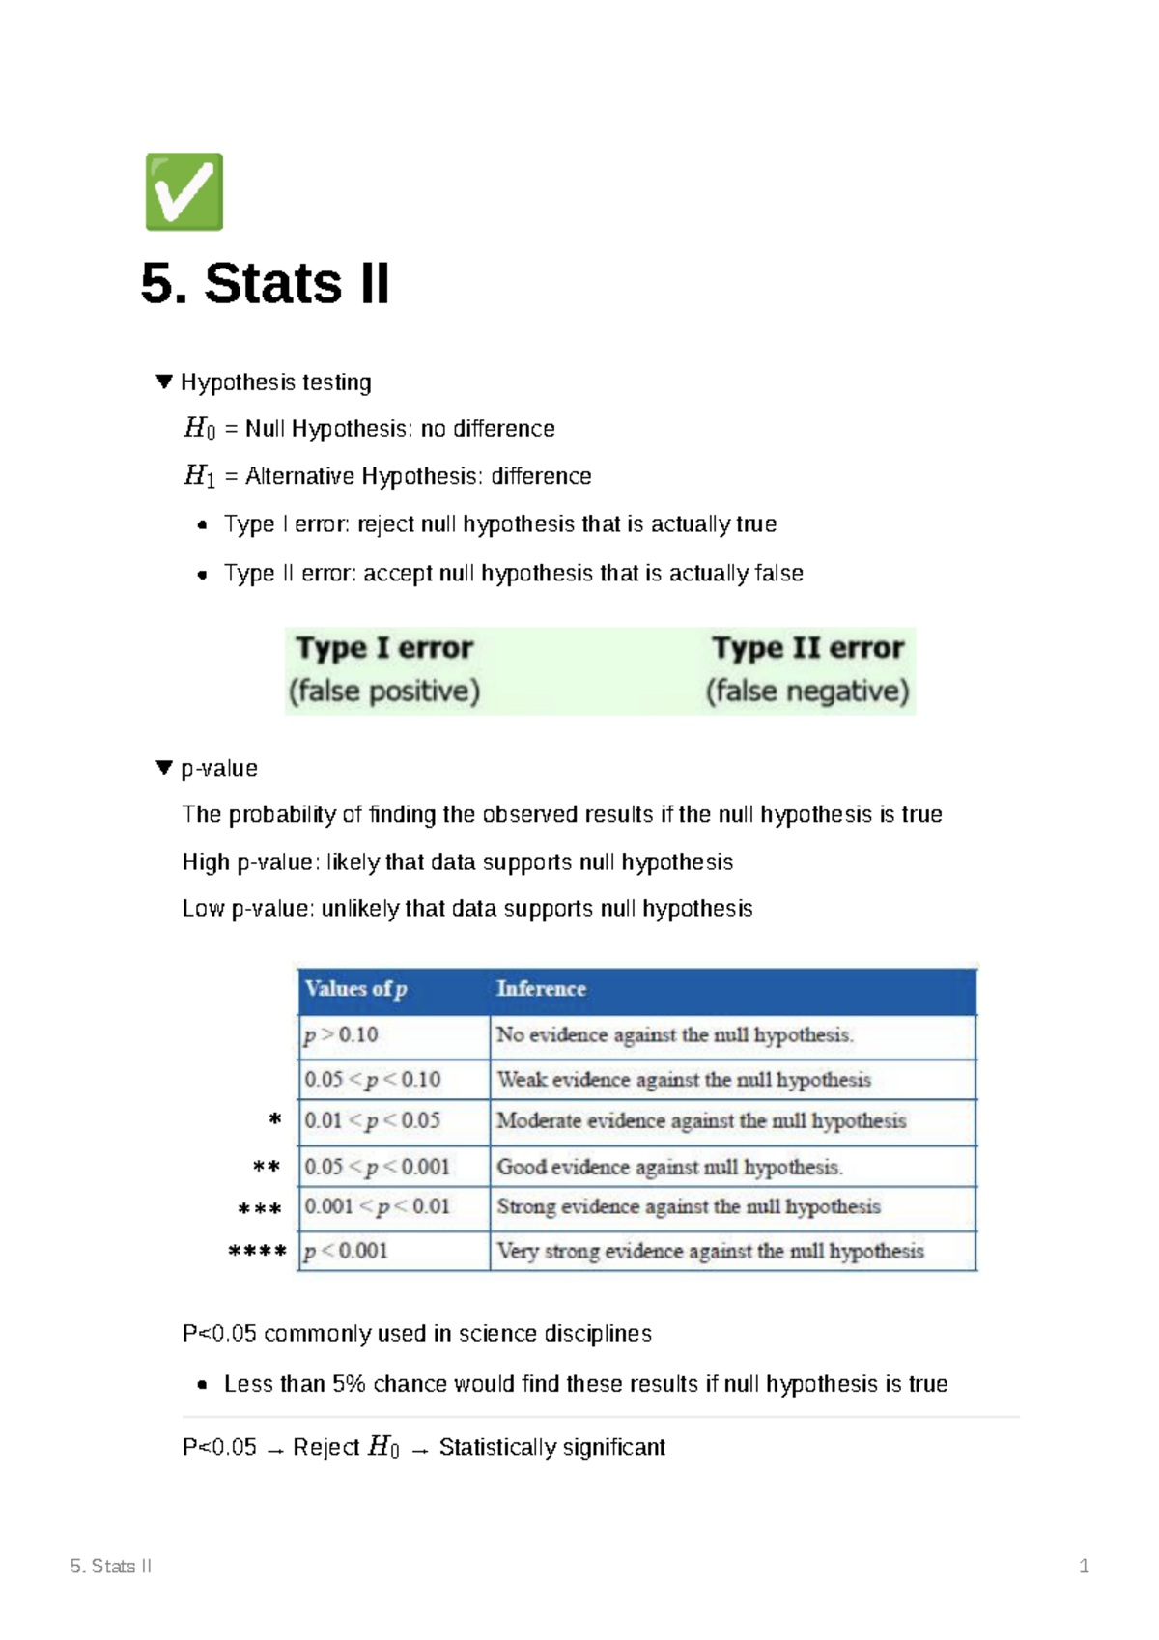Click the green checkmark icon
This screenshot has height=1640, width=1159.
(x=184, y=192)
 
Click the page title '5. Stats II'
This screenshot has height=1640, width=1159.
(x=265, y=284)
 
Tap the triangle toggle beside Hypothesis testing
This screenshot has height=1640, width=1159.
(x=164, y=382)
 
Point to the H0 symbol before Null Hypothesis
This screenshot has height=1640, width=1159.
(x=199, y=428)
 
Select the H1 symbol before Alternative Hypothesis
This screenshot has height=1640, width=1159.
(x=199, y=476)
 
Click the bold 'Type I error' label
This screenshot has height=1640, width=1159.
(x=384, y=648)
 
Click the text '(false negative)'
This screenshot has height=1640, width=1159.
(x=807, y=692)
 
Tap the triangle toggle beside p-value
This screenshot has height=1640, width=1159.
(x=164, y=768)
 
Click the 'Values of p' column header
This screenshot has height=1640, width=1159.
(x=355, y=989)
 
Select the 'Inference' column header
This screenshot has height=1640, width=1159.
(x=541, y=989)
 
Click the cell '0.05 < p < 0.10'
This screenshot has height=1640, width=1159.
(x=373, y=1080)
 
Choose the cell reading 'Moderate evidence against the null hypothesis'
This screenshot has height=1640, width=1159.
(x=701, y=1121)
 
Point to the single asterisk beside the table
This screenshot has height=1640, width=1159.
(x=275, y=1120)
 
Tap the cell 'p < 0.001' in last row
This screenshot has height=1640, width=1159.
(x=346, y=1252)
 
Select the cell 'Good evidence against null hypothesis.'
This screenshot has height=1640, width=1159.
(x=669, y=1168)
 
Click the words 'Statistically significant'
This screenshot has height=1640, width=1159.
(x=551, y=1447)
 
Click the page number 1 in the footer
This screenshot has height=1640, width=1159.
(x=1084, y=1567)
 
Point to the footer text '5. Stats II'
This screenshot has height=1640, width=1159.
(x=111, y=1567)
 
